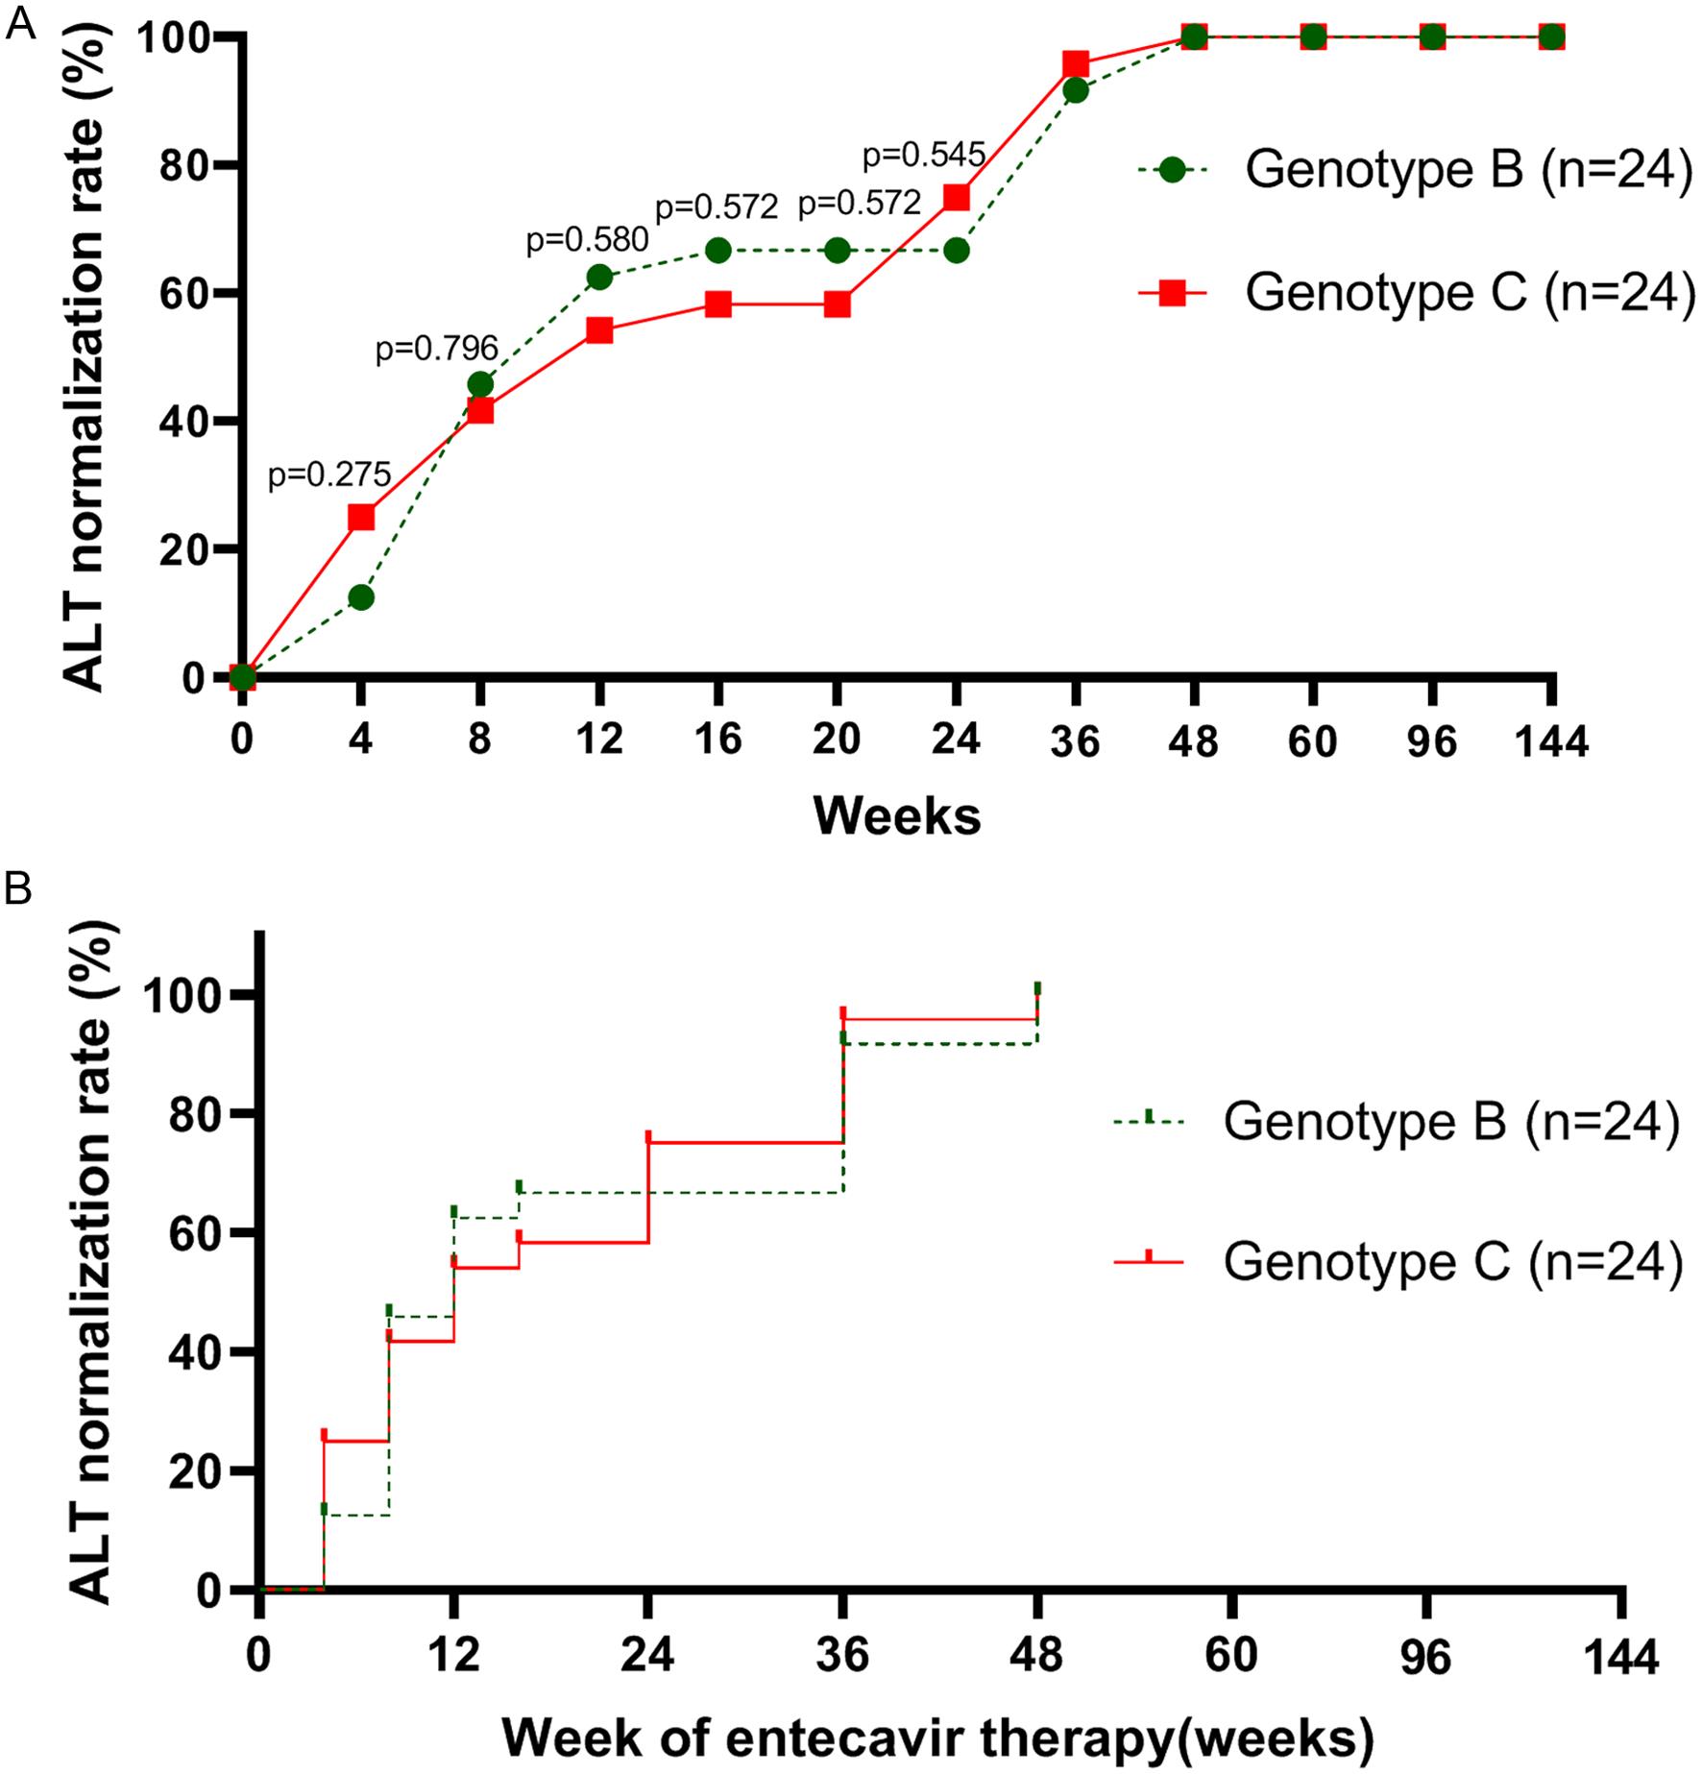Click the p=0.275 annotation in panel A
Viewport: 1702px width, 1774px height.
329,474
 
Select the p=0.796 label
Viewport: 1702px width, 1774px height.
437,348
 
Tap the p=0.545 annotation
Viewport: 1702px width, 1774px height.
924,154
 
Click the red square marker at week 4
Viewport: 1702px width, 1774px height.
361,518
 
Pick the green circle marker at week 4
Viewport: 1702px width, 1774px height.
361,597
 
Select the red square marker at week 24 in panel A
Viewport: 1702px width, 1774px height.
957,197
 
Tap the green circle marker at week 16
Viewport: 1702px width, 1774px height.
718,251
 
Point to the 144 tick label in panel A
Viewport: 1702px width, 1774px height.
1551,741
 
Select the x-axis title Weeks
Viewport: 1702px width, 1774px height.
897,816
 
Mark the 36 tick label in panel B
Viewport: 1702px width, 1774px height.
842,1655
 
